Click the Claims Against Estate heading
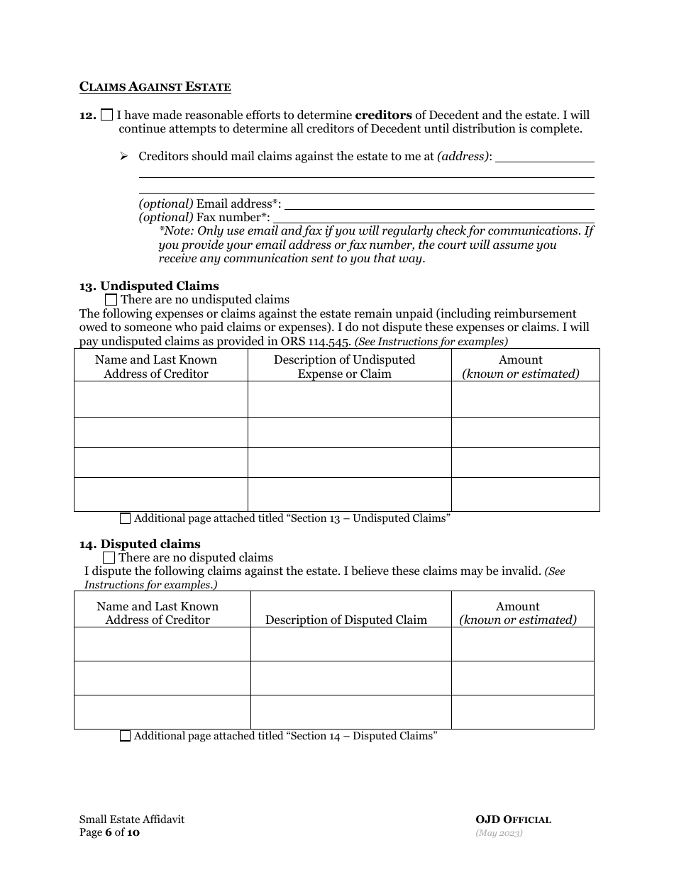pos(155,87)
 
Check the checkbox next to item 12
pos(107,115)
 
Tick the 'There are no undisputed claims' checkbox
pos(111,300)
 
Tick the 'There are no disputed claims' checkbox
pos(109,558)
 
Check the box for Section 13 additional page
pos(126,518)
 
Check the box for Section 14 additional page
pos(126,736)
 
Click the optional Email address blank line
pos(438,205)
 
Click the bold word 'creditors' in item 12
pos(383,115)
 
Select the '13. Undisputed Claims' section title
pos(149,286)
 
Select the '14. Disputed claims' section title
pos(140,544)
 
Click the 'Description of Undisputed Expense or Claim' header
pos(345,367)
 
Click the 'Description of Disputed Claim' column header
pos(346,620)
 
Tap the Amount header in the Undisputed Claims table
pos(521,367)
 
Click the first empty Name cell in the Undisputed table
pos(160,399)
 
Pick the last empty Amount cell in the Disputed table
pos(522,712)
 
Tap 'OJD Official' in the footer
pos(513,820)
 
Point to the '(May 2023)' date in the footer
pos(499,833)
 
